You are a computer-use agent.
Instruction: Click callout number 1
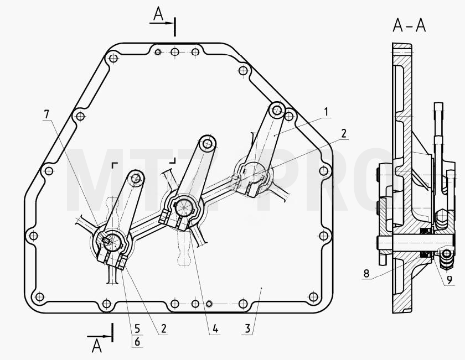coord(326,112)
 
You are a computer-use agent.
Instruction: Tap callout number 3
coord(247,328)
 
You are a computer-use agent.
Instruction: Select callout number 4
coord(215,328)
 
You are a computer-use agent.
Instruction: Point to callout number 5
coord(137,328)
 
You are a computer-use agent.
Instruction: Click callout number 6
coord(137,342)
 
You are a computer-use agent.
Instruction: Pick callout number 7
coord(46,114)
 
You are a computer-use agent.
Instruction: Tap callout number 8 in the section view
coord(366,273)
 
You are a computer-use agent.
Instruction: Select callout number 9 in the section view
coord(449,279)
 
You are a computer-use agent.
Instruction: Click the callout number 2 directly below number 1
coord(344,133)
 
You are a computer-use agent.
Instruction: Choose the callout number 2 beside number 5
coord(163,328)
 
